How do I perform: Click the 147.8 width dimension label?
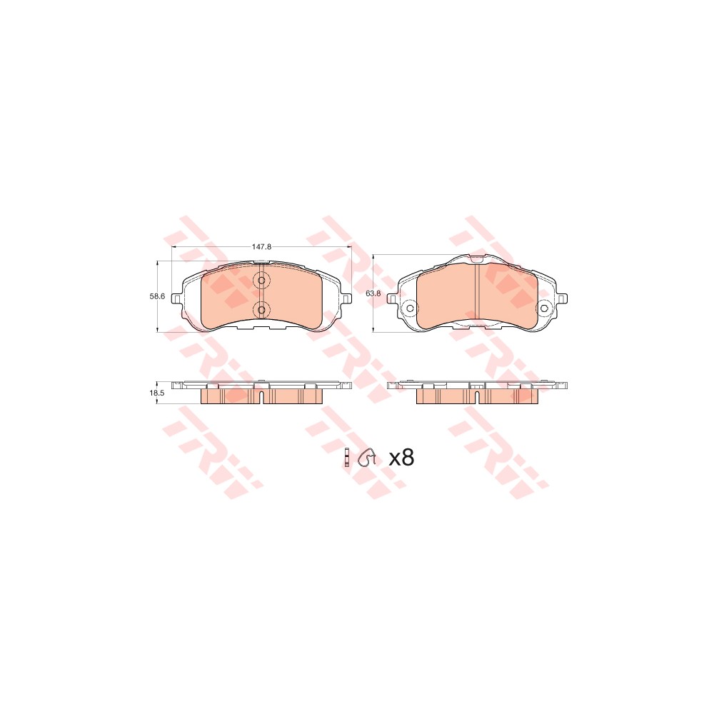pos(262,247)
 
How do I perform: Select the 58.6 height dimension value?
pos(157,296)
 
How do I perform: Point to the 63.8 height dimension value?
pos(373,293)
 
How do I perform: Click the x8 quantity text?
pos(401,458)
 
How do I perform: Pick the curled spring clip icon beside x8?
pos(367,458)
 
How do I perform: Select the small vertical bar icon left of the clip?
pos(348,458)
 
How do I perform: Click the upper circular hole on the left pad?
pos(261,281)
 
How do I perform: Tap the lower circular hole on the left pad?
pos(261,310)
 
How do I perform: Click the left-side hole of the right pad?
pos(409,308)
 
